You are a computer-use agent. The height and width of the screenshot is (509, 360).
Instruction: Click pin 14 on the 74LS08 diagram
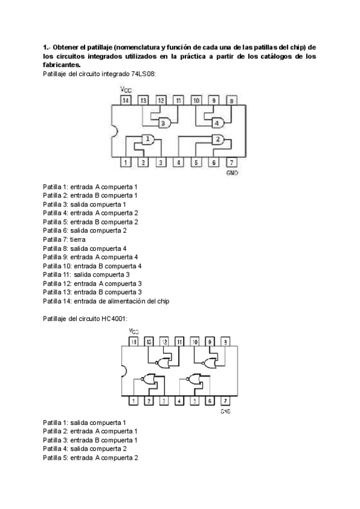(x=125, y=101)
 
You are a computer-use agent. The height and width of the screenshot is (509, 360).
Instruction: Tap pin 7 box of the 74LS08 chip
(x=232, y=162)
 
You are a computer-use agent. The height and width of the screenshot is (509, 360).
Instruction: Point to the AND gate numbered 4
(x=218, y=123)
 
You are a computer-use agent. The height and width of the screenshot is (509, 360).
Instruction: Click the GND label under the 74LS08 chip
(x=232, y=172)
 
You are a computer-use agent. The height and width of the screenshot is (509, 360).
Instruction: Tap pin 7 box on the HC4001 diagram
(x=225, y=400)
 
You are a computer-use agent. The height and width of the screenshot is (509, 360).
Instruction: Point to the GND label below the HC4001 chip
(x=226, y=411)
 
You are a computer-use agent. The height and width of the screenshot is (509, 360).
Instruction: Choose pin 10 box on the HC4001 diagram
(x=195, y=342)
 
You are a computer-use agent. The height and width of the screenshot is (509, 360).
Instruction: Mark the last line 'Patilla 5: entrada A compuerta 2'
(x=91, y=457)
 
